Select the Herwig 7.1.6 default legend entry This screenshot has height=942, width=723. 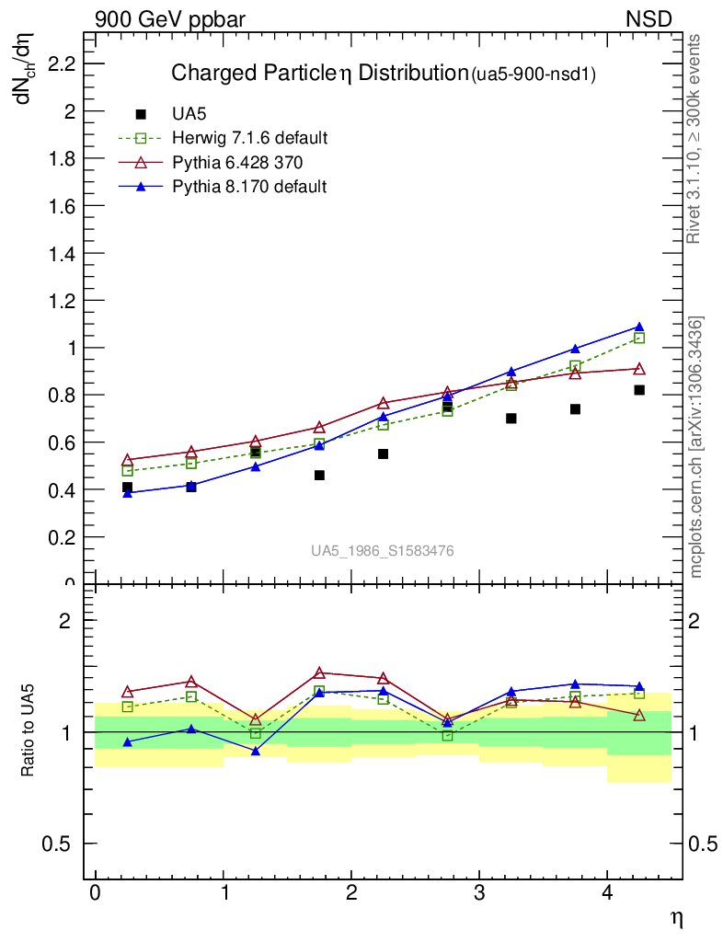click(x=249, y=139)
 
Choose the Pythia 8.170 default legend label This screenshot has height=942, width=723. click(x=249, y=187)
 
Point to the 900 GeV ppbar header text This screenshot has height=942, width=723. click(x=170, y=19)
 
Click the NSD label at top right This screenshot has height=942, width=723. click(x=648, y=19)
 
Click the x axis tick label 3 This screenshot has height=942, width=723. click(x=479, y=894)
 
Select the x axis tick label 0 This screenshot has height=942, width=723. click(x=95, y=894)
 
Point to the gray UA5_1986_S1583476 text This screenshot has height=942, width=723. click(x=382, y=551)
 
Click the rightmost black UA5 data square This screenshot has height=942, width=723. click(x=639, y=390)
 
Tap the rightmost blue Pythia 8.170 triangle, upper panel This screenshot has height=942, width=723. click(x=639, y=327)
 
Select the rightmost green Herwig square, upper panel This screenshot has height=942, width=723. click(x=639, y=339)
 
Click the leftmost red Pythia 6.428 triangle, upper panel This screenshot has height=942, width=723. click(x=127, y=459)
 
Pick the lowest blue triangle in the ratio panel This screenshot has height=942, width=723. click(x=255, y=752)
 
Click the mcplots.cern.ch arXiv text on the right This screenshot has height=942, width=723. click(x=696, y=447)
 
